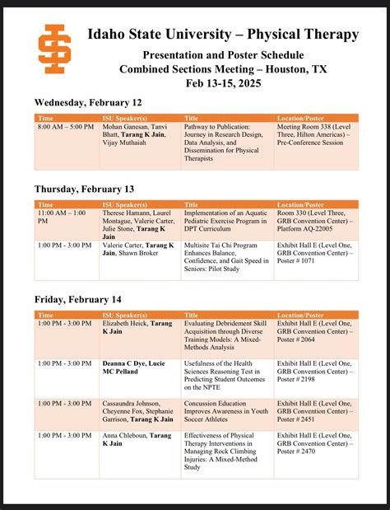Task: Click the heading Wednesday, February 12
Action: (88, 102)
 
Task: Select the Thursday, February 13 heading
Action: (85, 189)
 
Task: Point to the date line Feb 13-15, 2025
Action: (222, 84)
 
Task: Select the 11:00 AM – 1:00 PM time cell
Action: (66, 217)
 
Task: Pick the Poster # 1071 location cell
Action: (316, 256)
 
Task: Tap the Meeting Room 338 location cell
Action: (316, 138)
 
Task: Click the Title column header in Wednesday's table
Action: (192, 119)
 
